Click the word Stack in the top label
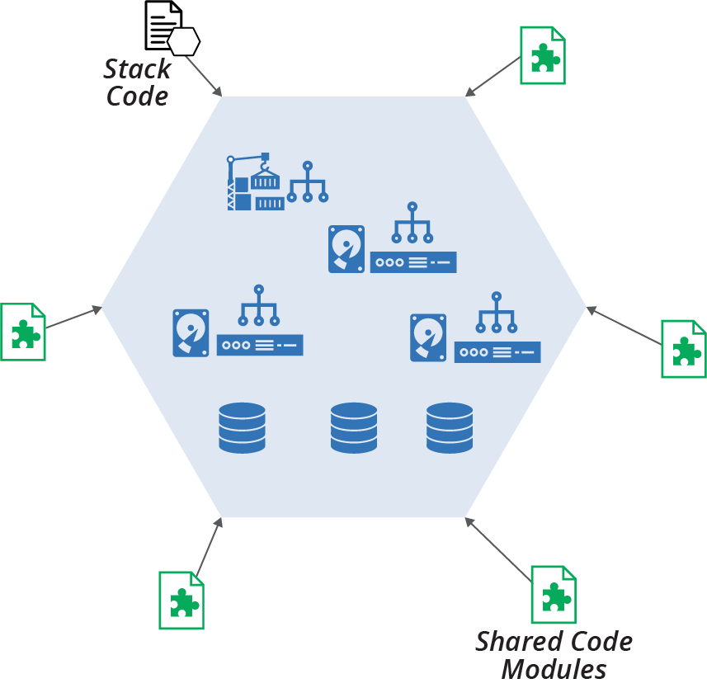point(137,69)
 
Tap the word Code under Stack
point(138,96)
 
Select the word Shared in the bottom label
point(517,641)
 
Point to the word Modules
point(554,669)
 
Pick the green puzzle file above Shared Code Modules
point(554,594)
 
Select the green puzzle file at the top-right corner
point(543,55)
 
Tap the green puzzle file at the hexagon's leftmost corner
point(23,332)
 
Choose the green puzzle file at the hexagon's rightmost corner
point(684,349)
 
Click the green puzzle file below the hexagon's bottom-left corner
point(181,600)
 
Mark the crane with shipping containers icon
point(256,182)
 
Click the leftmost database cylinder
point(242,427)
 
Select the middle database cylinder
point(354,427)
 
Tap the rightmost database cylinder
point(450,427)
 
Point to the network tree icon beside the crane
point(307,182)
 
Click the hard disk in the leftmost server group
point(191,332)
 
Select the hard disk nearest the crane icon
point(346,249)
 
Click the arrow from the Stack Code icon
point(205,77)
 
